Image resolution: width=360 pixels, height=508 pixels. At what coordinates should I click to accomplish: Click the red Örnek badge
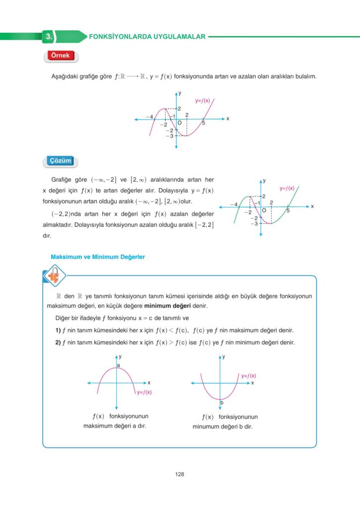(61, 56)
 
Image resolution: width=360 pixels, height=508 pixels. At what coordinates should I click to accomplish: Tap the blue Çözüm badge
(61, 161)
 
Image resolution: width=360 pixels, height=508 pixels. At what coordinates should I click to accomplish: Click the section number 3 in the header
(48, 36)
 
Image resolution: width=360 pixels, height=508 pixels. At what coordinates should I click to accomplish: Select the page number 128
(180, 474)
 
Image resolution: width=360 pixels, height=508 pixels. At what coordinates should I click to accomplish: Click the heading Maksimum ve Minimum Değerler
(98, 257)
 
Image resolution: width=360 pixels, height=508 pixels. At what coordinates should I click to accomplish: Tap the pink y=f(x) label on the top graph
(203, 101)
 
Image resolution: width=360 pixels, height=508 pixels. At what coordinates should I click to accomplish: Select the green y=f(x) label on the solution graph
(287, 189)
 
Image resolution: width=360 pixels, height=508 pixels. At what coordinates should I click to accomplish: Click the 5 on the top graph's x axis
(204, 123)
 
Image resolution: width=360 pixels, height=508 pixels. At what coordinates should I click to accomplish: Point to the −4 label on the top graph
(149, 117)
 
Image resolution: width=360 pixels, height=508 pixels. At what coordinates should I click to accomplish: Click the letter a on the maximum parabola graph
(118, 366)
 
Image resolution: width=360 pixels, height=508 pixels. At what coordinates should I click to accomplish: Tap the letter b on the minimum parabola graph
(222, 402)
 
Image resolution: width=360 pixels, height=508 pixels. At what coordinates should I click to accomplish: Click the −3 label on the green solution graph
(254, 224)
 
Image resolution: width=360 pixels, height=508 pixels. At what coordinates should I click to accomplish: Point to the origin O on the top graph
(179, 123)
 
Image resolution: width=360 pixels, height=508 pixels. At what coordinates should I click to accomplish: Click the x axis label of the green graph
(312, 206)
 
